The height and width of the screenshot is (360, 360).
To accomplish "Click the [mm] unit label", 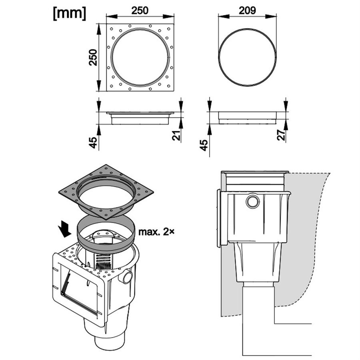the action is pyautogui.click(x=70, y=14).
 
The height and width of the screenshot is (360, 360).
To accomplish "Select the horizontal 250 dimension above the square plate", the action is pyautogui.click(x=140, y=10).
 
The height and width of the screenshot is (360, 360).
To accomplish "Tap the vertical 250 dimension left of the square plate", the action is pyautogui.click(x=93, y=57).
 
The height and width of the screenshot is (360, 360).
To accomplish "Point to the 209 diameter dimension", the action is pyautogui.click(x=247, y=10).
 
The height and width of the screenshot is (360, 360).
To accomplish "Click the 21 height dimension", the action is pyautogui.click(x=176, y=136).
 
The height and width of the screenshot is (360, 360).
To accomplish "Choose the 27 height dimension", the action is pyautogui.click(x=281, y=135).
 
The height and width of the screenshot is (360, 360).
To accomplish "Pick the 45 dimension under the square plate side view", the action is pyautogui.click(x=93, y=142).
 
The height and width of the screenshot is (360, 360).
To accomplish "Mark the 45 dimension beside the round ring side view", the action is pyautogui.click(x=204, y=145).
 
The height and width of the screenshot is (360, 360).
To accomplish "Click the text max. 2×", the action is pyautogui.click(x=156, y=232).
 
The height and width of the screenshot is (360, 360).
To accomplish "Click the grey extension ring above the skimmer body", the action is pyautogui.click(x=106, y=235).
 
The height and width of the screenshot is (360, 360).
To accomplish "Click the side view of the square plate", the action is pyautogui.click(x=140, y=118).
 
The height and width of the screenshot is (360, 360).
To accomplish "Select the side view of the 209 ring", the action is pyautogui.click(x=247, y=118).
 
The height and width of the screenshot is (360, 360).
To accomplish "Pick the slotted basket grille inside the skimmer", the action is pyautogui.click(x=103, y=261).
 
